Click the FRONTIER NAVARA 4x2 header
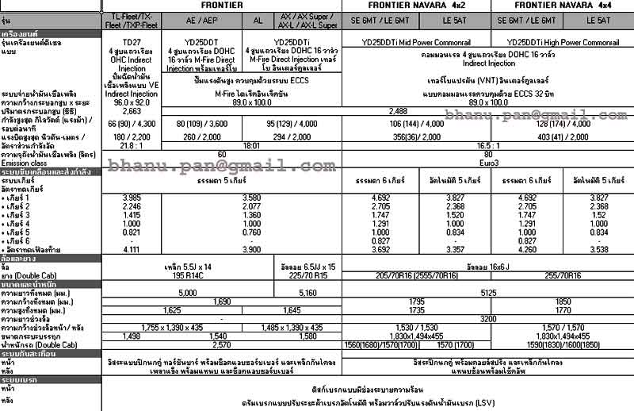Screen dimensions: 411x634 click(x=416, y=5)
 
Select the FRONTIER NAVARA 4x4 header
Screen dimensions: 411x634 click(x=563, y=5)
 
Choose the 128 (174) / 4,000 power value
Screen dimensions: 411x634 click(x=563, y=124)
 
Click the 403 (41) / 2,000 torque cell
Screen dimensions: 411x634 click(x=563, y=136)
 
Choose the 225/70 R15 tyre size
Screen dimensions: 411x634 click(x=308, y=275)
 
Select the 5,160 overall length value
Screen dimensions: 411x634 click(x=308, y=293)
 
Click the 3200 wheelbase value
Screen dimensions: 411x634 click(x=489, y=318)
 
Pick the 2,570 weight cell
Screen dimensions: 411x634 click(x=222, y=345)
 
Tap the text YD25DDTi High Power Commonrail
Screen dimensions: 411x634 click(x=563, y=42)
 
